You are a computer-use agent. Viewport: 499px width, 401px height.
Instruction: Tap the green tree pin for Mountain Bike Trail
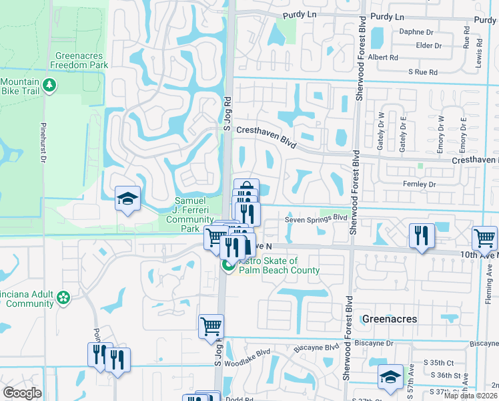tap(48, 85)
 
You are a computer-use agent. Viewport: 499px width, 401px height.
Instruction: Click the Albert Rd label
tap(383, 57)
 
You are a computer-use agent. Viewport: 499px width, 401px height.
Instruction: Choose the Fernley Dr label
tap(418, 184)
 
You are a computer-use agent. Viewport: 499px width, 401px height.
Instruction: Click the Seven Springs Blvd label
tap(316, 219)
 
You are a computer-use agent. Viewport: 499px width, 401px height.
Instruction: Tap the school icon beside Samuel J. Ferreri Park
tap(127, 198)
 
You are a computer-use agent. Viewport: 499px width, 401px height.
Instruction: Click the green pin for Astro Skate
tap(227, 267)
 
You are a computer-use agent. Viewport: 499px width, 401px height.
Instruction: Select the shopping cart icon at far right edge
tap(484, 238)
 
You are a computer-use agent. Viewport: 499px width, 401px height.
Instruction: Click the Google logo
tap(22, 393)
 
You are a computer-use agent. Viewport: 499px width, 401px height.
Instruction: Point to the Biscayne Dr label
tap(374, 343)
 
